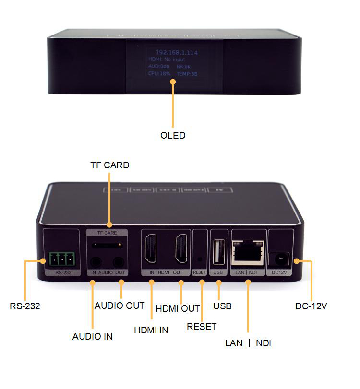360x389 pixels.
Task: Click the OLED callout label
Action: [173, 136]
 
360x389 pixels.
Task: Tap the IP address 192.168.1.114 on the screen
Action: [176, 52]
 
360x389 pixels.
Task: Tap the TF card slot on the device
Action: [107, 246]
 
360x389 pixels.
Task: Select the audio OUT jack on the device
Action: [118, 262]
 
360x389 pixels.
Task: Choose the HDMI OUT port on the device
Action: [180, 250]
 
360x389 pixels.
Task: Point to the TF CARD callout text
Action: [109, 165]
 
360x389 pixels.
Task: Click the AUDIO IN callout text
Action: [92, 336]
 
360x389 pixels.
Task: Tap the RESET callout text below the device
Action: [202, 327]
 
